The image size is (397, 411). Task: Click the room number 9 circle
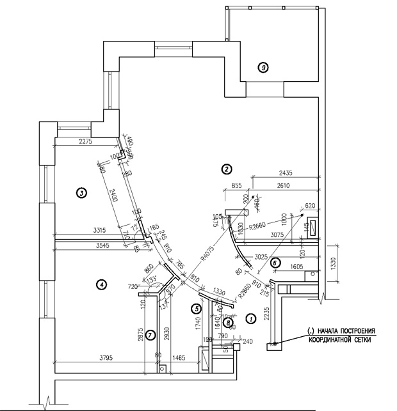click(x=262, y=66)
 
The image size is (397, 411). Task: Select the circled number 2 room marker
click(x=225, y=169)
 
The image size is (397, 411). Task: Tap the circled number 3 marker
click(x=81, y=191)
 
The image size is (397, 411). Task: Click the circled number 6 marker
click(x=275, y=262)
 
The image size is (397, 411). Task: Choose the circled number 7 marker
click(x=149, y=334)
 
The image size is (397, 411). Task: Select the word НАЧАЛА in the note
click(x=333, y=331)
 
